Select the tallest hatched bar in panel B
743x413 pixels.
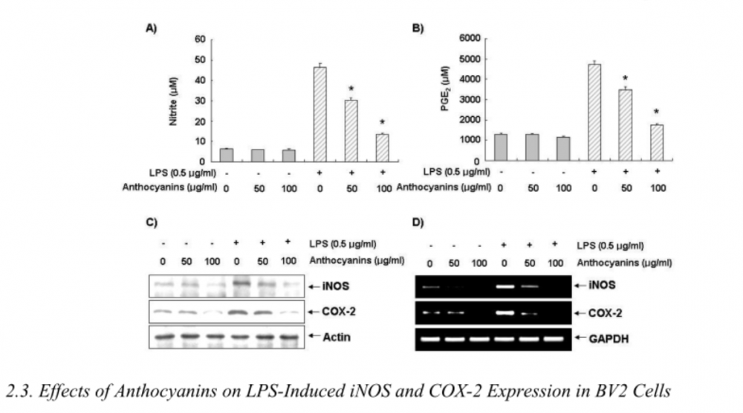tap(594, 112)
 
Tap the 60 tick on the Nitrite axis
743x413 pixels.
tap(200, 39)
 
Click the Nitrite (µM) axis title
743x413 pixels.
tap(173, 100)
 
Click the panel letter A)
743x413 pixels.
tap(151, 28)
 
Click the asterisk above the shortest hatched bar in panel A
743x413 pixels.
tap(382, 124)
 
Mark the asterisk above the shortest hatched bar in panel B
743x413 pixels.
tap(656, 113)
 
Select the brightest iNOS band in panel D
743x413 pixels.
tap(505, 285)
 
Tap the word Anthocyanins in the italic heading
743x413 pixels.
tap(161, 391)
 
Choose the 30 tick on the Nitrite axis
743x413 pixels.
tap(200, 100)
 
